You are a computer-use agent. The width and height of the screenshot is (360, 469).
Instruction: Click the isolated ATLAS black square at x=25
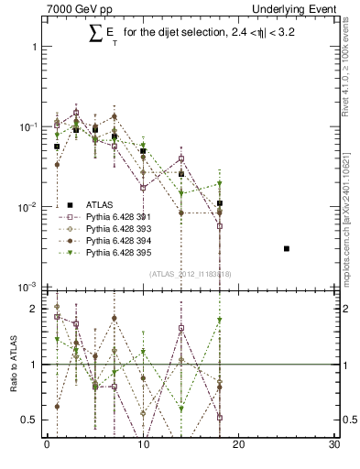(x=287, y=248)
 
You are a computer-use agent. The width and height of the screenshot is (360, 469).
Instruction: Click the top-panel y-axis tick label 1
(x=34, y=46)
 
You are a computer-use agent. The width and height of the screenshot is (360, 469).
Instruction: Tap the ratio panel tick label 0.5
(x=29, y=420)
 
